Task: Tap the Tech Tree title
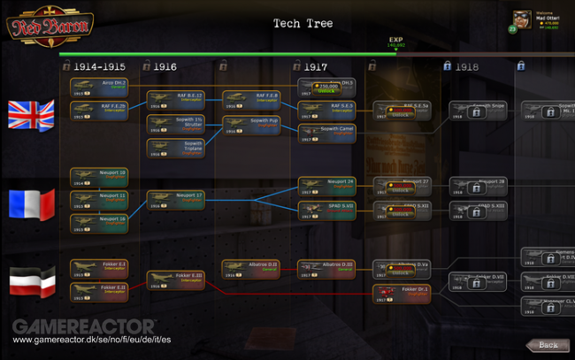[303, 23]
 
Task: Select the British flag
[31, 115]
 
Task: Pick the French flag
[31, 203]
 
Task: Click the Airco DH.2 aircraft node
[99, 86]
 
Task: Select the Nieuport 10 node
[99, 176]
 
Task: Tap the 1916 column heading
[165, 65]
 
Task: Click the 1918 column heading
[467, 65]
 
